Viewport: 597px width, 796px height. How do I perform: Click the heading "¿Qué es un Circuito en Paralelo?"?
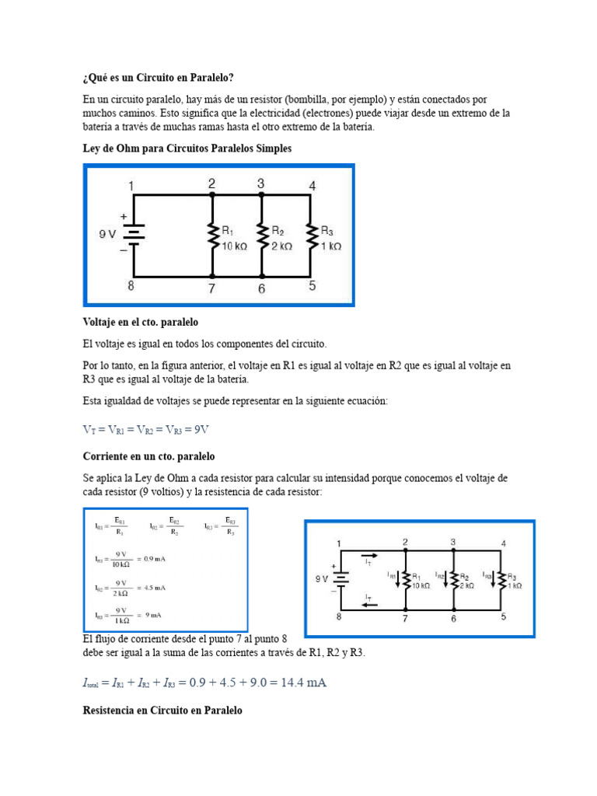pos(157,78)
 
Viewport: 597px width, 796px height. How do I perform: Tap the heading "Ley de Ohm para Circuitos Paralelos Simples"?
pos(187,148)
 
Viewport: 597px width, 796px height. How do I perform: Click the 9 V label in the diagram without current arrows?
pos(107,232)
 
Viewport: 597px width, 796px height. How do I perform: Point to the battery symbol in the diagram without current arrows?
pos(134,233)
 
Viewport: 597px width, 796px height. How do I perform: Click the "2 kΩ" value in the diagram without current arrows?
pos(281,246)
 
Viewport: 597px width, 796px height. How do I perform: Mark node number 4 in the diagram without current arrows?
pos(312,186)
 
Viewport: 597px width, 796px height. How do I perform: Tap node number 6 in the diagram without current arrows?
pos(262,288)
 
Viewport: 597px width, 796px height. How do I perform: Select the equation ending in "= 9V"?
pos(156,429)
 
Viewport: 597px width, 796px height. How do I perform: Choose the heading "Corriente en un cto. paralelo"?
pos(148,456)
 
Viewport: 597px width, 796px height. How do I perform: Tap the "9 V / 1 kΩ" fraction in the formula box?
pos(120,615)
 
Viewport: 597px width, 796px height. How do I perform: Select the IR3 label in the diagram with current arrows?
pos(487,575)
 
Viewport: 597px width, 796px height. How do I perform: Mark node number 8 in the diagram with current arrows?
pos(339,617)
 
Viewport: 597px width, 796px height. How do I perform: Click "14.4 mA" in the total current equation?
pos(299,683)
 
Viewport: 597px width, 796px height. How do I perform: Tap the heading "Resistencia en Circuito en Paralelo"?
pos(162,710)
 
